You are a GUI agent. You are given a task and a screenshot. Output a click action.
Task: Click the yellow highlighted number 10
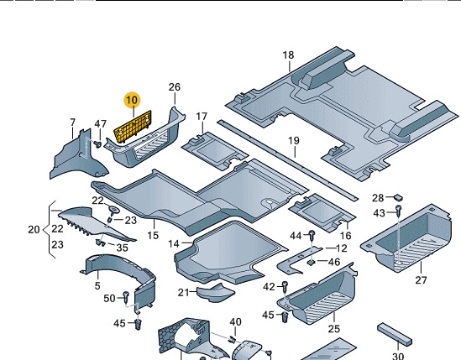132,100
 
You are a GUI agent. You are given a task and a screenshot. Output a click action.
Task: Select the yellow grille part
133,127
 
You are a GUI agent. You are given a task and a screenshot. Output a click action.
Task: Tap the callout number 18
288,55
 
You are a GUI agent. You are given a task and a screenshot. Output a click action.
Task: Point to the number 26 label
175,87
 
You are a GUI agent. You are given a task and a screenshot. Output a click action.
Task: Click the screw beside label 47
97,144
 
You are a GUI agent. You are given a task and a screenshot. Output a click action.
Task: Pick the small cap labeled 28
398,197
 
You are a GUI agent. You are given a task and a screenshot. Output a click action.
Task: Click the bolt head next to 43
398,209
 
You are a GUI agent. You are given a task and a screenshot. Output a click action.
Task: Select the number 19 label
294,141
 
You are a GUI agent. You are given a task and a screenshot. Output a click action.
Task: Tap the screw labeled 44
312,234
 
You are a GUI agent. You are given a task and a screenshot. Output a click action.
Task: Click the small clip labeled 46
310,262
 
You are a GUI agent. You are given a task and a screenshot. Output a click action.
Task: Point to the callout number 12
341,248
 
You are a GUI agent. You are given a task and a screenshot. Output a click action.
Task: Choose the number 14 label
174,243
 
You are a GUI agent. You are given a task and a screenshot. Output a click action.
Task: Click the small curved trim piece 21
216,293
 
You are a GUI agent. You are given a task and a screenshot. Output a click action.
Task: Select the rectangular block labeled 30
395,334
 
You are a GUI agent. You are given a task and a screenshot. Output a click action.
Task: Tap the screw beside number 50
126,297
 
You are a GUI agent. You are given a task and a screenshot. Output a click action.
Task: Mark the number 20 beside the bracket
34,230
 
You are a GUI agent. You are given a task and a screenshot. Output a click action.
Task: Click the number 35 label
123,248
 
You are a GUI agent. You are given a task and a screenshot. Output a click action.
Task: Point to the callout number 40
235,322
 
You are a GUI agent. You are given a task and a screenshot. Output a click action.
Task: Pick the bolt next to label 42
285,286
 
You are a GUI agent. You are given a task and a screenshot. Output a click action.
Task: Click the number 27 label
421,280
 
